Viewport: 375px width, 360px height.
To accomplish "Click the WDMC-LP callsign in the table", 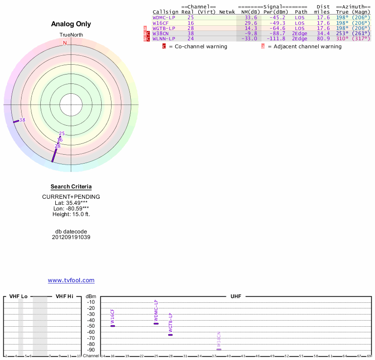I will pyautogui.click(x=164, y=17).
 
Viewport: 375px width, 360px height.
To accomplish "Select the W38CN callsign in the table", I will pyautogui.click(x=160, y=33).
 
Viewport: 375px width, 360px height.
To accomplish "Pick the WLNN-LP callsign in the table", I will pyautogui.click(x=164, y=38).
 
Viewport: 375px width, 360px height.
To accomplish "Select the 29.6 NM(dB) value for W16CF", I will pyautogui.click(x=251, y=22).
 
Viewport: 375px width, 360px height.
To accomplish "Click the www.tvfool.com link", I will pyautogui.click(x=71, y=280).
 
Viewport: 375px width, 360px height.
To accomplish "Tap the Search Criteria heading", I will pyautogui.click(x=71, y=187).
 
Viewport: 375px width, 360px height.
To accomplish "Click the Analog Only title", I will pyautogui.click(x=71, y=24).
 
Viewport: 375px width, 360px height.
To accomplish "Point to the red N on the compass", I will pyautogui.click(x=65, y=43).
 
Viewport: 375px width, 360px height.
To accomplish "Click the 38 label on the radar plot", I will pyautogui.click(x=22, y=120).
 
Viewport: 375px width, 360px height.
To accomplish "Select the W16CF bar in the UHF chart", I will pyautogui.click(x=112, y=326).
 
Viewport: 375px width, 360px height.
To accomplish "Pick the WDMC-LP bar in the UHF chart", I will pyautogui.click(x=156, y=323).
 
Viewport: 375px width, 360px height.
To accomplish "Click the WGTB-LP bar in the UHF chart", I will pyautogui.click(x=170, y=335).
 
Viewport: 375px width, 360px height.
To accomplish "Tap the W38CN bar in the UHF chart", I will pyautogui.click(x=219, y=350).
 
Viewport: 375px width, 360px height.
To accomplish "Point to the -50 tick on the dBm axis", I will pyautogui.click(x=91, y=326).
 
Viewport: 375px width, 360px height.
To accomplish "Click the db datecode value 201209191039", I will pyautogui.click(x=71, y=237).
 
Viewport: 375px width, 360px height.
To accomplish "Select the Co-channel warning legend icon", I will pyautogui.click(x=164, y=46).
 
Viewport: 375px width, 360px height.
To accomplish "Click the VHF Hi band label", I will pyautogui.click(x=64, y=297).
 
